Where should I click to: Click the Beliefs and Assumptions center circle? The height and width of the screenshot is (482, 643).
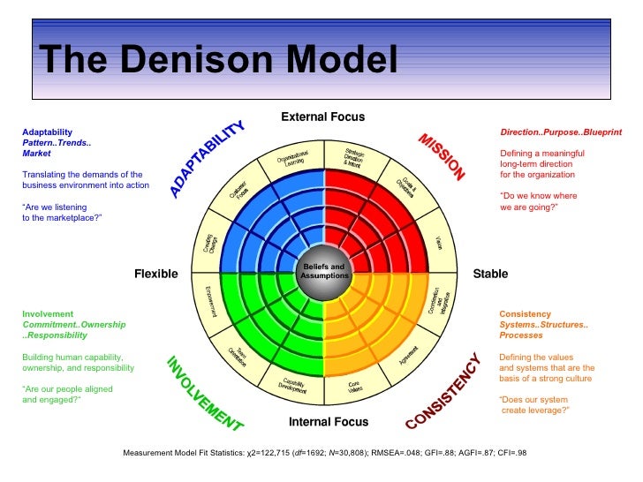pos(324,271)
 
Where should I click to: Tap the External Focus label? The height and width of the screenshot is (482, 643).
pos(322,117)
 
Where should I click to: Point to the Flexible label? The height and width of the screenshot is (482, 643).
pos(155,274)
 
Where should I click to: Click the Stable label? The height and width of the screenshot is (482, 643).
pos(490,274)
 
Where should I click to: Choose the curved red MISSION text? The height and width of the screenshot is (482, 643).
pos(442,157)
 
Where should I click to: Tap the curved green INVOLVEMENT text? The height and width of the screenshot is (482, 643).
pos(204,393)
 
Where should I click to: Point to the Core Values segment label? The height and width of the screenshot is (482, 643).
pos(357,386)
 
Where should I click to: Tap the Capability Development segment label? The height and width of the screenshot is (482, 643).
pos(293,387)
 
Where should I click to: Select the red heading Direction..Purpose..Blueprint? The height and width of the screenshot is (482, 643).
pos(561,132)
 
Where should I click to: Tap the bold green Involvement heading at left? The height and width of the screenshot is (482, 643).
pos(48,313)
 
